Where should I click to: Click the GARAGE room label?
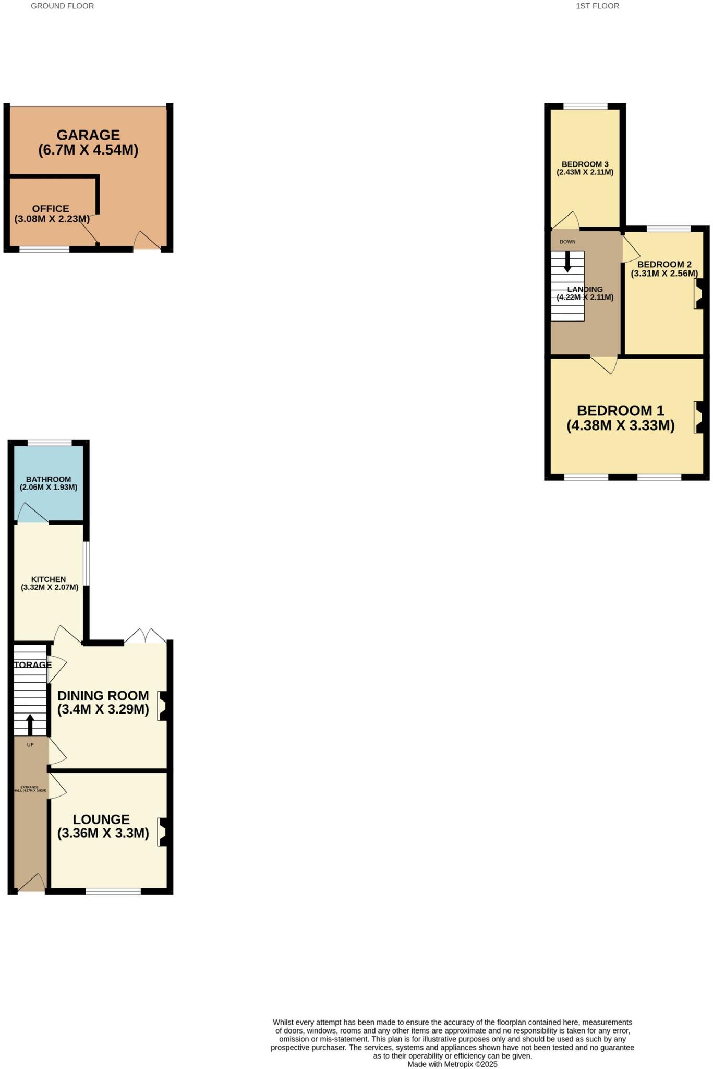tap(88, 135)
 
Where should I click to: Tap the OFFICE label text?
tap(51, 209)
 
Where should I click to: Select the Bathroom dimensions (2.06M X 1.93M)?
tap(49, 488)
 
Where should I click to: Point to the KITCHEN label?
tap(49, 579)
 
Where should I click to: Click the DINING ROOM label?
tap(103, 696)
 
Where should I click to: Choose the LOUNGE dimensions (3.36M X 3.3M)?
tap(103, 833)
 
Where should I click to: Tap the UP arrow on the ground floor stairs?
tap(30, 724)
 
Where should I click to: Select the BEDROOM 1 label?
tap(620, 411)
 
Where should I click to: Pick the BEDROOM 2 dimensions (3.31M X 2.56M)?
tap(664, 274)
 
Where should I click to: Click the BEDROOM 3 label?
tap(585, 164)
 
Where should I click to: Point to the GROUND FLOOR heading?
tap(63, 6)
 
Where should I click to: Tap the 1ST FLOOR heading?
tap(597, 6)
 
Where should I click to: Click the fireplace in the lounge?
tap(163, 832)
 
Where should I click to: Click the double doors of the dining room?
tap(145, 636)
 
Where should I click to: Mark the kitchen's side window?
tap(87, 564)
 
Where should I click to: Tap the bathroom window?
tap(50, 443)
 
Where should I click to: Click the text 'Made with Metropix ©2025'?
tap(452, 1064)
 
